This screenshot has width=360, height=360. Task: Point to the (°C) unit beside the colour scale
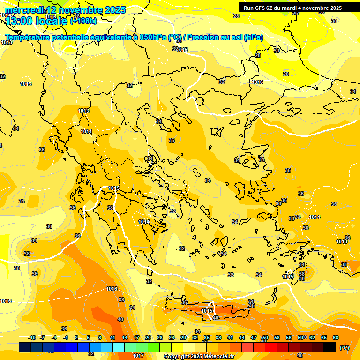[344, 347]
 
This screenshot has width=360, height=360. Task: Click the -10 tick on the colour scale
[32, 337]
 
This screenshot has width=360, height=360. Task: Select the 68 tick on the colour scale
[336, 337]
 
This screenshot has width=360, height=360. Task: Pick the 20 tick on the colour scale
[148, 337]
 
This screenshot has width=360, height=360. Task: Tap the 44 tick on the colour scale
[242, 337]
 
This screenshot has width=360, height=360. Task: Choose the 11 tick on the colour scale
[112, 337]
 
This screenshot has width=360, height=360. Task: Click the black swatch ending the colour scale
[330, 347]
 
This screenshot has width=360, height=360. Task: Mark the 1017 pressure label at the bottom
[138, 356]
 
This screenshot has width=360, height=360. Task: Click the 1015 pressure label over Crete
[207, 311]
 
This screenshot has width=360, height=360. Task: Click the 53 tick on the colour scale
[277, 337]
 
